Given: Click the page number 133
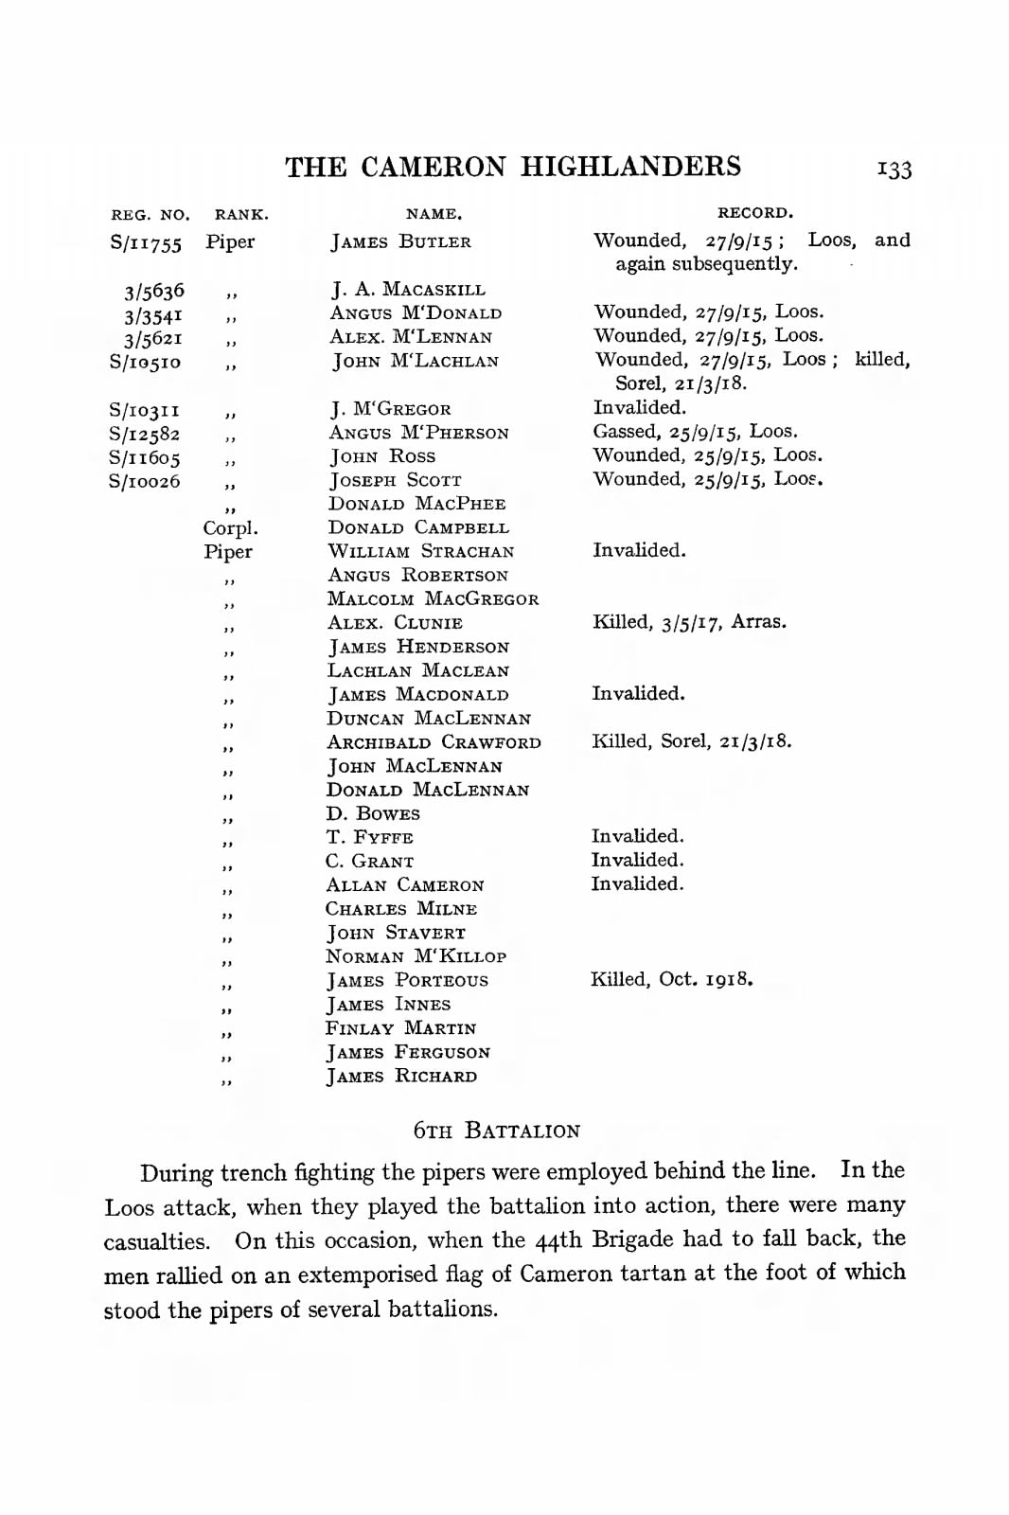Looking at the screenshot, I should point(894,169).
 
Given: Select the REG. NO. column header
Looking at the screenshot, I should point(150,215).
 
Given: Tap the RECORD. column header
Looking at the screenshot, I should point(754,213).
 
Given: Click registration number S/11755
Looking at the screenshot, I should point(146,242).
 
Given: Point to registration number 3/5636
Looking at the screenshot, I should point(154,291).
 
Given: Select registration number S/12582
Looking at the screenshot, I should point(145,434).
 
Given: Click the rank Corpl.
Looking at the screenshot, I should point(230,528).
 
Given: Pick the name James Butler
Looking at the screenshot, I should point(400,242).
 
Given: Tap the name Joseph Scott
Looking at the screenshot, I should point(395,481).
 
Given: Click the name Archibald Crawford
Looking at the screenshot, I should point(434,742).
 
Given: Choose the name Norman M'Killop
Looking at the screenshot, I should point(416,956).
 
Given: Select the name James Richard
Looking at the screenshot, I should point(401,1077).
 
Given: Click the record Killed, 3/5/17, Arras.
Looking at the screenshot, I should point(689,622).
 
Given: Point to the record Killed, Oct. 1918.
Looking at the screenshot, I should point(671,979).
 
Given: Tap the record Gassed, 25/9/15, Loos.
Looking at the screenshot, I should point(695,432).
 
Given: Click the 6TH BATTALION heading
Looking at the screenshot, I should point(497,1131).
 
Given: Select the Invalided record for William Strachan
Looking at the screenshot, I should point(639,550).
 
